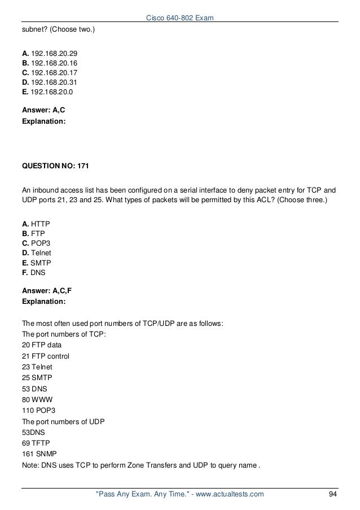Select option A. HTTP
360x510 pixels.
(x=36, y=224)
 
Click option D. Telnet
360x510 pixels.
(x=36, y=252)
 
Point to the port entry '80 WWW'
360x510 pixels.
(x=37, y=396)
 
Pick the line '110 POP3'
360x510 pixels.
(x=39, y=407)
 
